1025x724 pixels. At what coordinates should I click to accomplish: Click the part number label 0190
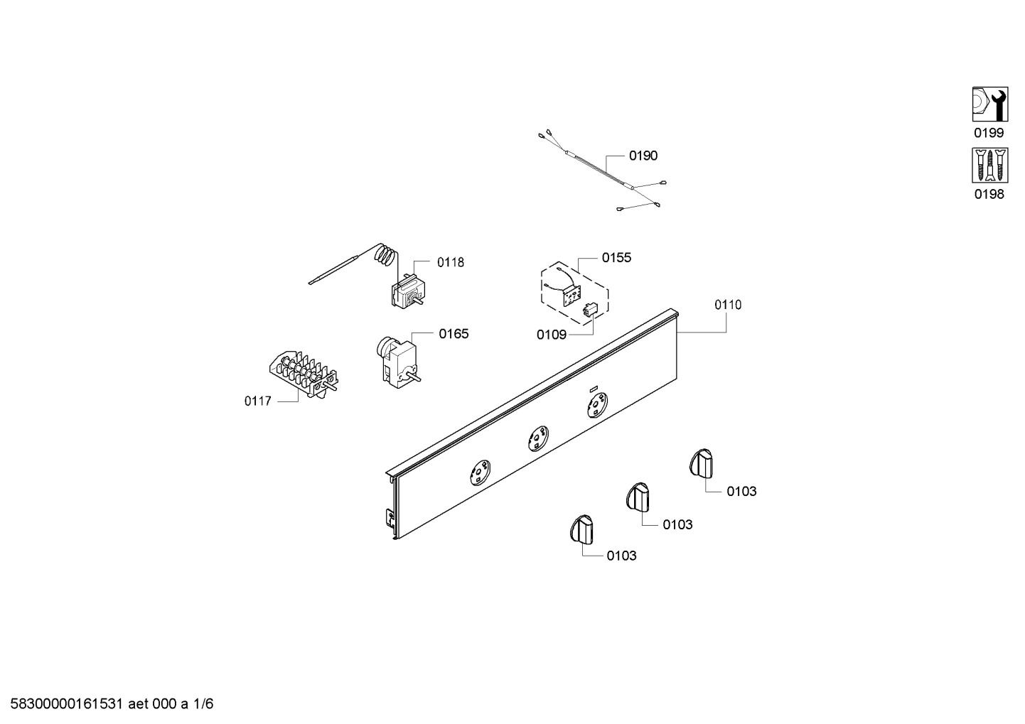click(643, 156)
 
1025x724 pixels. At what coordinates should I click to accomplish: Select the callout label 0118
click(450, 262)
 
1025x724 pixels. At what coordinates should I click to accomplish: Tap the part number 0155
click(616, 258)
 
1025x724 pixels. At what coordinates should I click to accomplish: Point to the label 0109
click(552, 335)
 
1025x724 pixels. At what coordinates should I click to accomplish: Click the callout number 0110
click(728, 305)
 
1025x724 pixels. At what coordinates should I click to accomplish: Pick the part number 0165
click(454, 335)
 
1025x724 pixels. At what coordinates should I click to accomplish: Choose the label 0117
click(257, 401)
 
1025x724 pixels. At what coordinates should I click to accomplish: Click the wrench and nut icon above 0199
click(989, 104)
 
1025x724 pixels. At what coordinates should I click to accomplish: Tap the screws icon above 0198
click(989, 165)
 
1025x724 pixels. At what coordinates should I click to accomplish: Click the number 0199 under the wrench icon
click(989, 133)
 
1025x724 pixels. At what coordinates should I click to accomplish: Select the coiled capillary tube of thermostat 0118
click(385, 256)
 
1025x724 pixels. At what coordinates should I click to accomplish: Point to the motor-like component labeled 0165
click(397, 362)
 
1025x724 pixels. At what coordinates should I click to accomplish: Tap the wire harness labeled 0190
click(602, 171)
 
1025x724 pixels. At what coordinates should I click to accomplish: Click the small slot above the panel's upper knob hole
click(594, 389)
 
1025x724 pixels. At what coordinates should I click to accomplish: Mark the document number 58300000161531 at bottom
click(66, 704)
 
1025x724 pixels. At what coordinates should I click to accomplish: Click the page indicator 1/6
click(203, 704)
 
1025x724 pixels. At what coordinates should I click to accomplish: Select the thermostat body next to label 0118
click(408, 292)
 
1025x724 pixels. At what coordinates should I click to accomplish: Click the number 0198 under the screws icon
click(989, 195)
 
